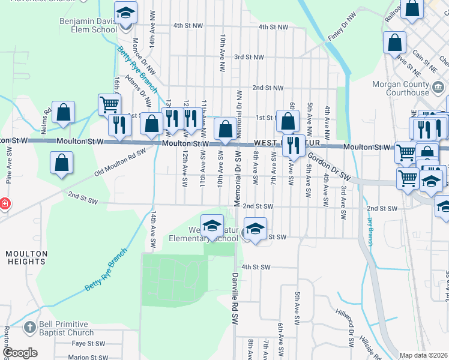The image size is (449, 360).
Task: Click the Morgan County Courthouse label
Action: pyautogui.click(x=400, y=89)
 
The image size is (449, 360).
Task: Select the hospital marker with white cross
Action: pyautogui.click(x=4, y=203)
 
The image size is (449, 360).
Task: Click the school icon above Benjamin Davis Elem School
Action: pyautogui.click(x=126, y=13)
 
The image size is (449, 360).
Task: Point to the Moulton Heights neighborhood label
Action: pyautogui.click(x=26, y=257)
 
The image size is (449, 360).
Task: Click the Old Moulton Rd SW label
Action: pyautogui.click(x=120, y=162)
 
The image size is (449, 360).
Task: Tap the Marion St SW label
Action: pyautogui.click(x=87, y=357)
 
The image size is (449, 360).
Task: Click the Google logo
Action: pyautogui.click(x=20, y=353)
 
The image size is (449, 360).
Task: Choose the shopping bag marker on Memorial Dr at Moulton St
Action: pyautogui.click(x=225, y=129)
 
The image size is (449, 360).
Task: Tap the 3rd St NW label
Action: pyautogui.click(x=249, y=57)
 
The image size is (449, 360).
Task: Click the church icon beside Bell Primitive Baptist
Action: pyautogui.click(x=30, y=328)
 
